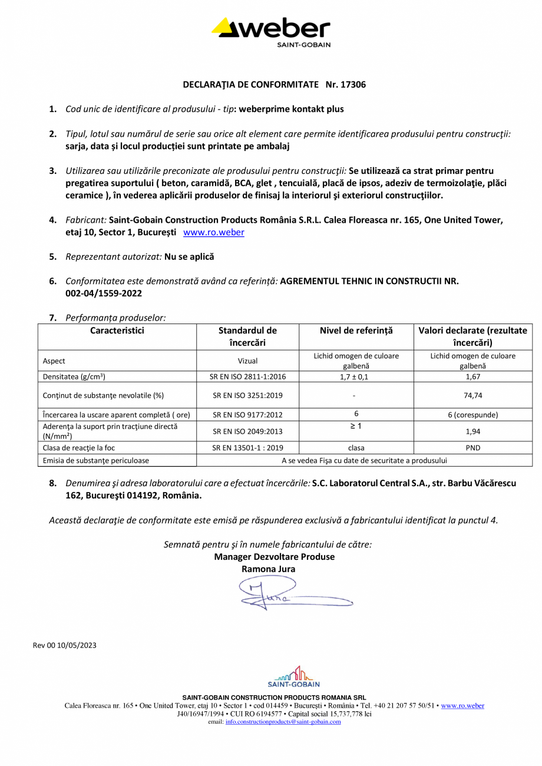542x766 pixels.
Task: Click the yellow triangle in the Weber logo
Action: tap(223, 27)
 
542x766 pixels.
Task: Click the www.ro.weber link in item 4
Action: tap(213, 232)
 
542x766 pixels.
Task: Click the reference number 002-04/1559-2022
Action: tap(103, 293)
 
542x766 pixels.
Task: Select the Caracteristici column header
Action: tap(117, 331)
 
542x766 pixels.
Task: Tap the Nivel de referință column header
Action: tap(356, 331)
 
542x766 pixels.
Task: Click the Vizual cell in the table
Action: tap(247, 361)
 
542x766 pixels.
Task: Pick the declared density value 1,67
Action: tap(472, 376)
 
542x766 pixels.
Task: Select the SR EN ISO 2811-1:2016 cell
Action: tap(247, 376)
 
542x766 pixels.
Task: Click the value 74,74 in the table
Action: tap(472, 395)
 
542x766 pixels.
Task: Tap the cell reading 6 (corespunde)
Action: tap(472, 414)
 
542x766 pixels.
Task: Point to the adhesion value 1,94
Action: tap(472, 431)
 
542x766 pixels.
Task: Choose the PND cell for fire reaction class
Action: tap(472, 448)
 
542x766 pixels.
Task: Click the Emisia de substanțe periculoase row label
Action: tap(96, 460)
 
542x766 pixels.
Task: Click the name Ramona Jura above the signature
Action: tap(269, 569)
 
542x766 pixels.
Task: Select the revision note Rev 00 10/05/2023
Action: tap(64, 645)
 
